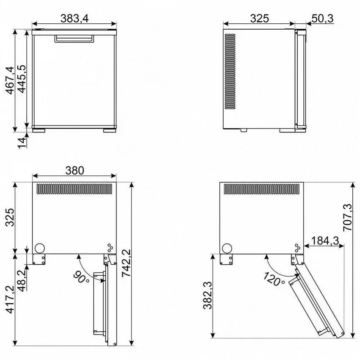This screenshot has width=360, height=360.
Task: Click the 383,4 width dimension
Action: tap(75, 18)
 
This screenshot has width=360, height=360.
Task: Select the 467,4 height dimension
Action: tap(10, 80)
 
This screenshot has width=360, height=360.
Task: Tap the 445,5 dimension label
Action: tap(22, 79)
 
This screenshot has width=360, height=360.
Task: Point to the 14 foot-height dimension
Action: tap(22, 143)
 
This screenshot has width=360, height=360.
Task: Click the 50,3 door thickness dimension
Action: tap(323, 18)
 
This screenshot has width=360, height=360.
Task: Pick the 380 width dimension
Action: tap(75, 171)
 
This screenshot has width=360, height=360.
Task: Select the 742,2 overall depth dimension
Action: tap(126, 263)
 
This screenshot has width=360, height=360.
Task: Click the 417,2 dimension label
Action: tap(10, 299)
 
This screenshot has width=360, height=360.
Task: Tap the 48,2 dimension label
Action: tap(22, 280)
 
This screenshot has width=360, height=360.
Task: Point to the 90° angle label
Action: tap(81, 277)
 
